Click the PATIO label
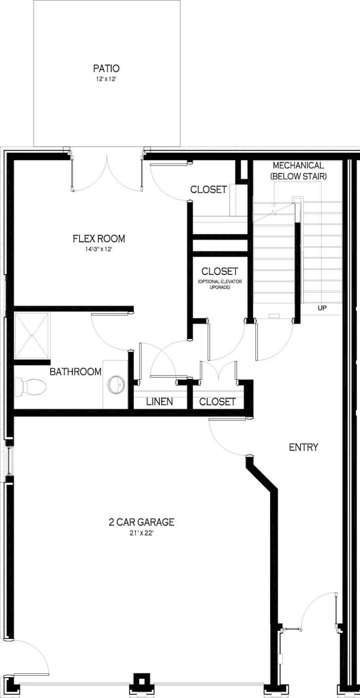click(x=106, y=68)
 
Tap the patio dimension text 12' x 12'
click(x=106, y=79)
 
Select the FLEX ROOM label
click(x=98, y=239)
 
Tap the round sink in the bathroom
click(x=116, y=384)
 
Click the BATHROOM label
click(x=75, y=372)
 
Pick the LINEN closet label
click(x=159, y=402)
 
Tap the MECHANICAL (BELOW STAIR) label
click(x=298, y=170)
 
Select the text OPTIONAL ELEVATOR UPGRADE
click(x=220, y=284)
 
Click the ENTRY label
click(x=303, y=447)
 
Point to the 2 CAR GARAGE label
click(x=141, y=522)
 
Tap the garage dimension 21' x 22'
click(x=141, y=533)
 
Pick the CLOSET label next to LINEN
click(x=217, y=402)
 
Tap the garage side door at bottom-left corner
click(x=30, y=656)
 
